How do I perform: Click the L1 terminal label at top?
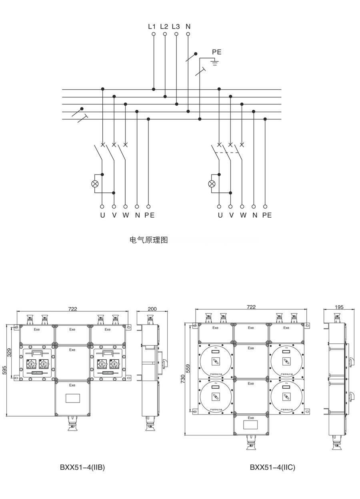coord(152,27)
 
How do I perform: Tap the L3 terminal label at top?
coord(176,27)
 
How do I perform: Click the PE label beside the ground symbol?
coord(217,52)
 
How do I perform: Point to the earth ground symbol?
coord(215,62)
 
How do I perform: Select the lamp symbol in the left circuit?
coord(95,184)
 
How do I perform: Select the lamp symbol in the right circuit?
coord(212,184)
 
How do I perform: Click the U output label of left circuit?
coord(102,215)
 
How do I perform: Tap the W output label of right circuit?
coord(243,215)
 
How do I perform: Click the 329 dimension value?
coord(10,353)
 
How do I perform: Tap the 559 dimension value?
coord(188,368)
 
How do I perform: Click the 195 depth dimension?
coord(339,307)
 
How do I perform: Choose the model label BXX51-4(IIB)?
coord(82,467)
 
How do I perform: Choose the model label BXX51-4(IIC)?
coord(272,467)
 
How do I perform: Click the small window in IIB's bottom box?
coord(72,398)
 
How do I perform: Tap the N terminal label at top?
coord(188,27)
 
